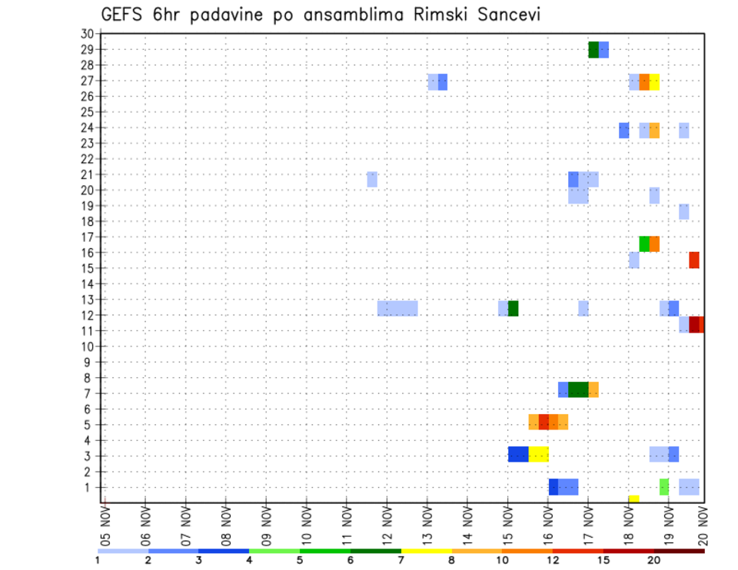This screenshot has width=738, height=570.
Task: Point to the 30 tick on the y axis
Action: (87, 34)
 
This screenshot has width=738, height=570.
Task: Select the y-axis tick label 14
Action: (87, 284)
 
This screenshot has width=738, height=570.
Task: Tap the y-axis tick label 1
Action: (90, 487)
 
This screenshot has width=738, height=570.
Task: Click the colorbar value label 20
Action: (654, 560)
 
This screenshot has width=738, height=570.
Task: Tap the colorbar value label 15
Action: (603, 560)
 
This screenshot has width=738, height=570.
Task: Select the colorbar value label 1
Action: (98, 560)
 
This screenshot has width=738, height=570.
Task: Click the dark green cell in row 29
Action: (593, 50)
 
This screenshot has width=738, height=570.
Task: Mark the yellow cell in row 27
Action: (654, 82)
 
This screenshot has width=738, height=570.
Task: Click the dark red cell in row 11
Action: (695, 324)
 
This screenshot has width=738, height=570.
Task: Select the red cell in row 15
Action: (694, 260)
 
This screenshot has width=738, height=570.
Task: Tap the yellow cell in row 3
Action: (538, 454)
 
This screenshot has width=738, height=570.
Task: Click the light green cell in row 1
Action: (664, 487)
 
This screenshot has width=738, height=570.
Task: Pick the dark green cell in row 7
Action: (578, 389)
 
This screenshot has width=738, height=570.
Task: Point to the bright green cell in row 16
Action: (644, 244)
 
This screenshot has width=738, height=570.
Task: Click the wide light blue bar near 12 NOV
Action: (397, 308)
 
